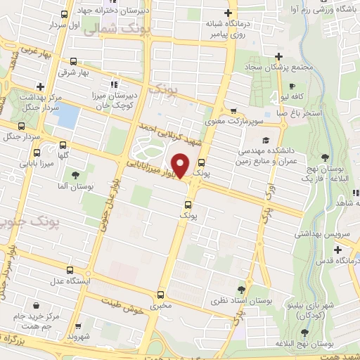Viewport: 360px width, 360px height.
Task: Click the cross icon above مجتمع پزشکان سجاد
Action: pos(279,56)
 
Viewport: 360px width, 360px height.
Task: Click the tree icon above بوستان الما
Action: pos(75,174)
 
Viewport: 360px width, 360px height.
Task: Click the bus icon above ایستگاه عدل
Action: pos(69,269)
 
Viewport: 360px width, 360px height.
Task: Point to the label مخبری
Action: pos(161,307)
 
